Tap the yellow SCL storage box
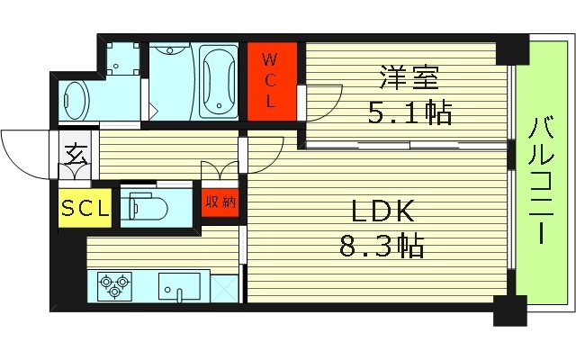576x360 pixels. tap(85, 209)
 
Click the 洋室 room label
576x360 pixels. tap(410, 80)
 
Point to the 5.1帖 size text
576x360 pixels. tap(409, 114)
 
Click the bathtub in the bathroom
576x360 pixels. tap(218, 83)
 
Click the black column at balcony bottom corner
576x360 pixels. tap(509, 314)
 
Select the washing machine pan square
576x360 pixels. tap(119, 58)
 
